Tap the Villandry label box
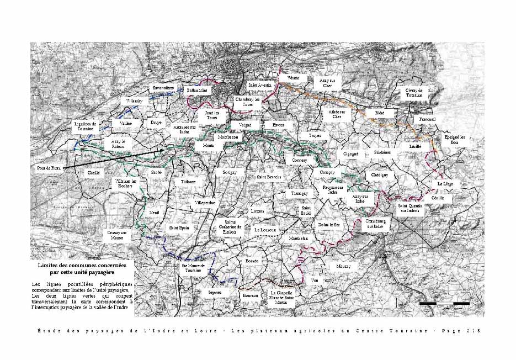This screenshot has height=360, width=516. pos(134,102)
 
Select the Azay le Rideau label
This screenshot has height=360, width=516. pos(119,144)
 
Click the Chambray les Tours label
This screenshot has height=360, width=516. pos(247,102)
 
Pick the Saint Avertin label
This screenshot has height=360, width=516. pos(259,86)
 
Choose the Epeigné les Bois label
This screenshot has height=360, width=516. pos(455,140)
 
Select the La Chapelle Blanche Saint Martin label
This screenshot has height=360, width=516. pos(281,297)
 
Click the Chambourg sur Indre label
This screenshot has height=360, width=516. pos(374,223)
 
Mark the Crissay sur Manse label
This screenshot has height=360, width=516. pos(117,235)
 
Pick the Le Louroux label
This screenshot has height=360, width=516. pos(265,229)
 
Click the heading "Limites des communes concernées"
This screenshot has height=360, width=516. pos(82,265)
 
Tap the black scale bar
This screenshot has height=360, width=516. pos(444,303)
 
